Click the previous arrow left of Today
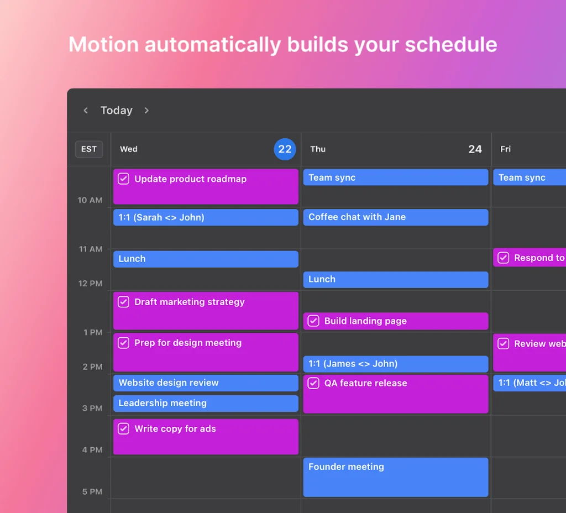pos(86,111)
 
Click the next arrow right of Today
pos(146,111)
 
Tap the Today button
pos(116,111)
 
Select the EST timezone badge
pos(89,149)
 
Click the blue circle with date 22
pos(285,149)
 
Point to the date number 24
pos(475,149)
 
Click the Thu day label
pos(318,149)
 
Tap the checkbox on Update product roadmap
pos(124,179)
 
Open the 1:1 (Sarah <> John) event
pos(206,217)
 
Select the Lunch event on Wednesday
pos(206,259)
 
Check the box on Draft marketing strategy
pos(124,302)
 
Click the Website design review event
pos(206,383)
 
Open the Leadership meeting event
pos(206,403)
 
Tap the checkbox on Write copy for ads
pos(124,428)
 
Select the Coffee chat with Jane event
pos(395,217)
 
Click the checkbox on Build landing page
pos(313,321)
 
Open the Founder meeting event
pos(395,477)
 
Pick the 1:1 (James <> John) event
pos(395,364)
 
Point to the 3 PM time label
pos(92,409)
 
